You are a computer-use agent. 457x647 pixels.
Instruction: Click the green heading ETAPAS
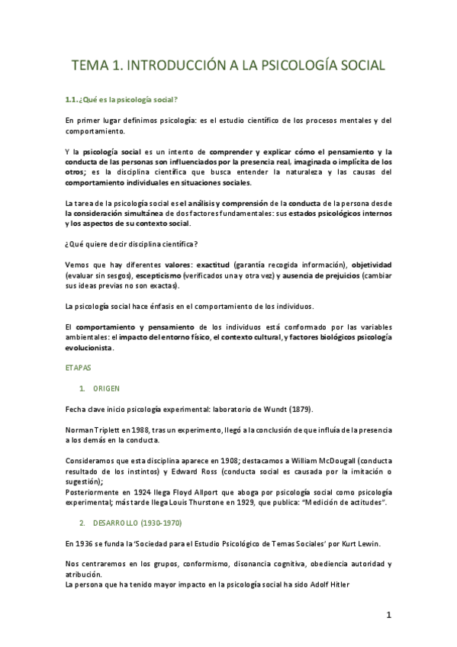(76, 368)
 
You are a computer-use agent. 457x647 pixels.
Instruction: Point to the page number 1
(388, 615)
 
